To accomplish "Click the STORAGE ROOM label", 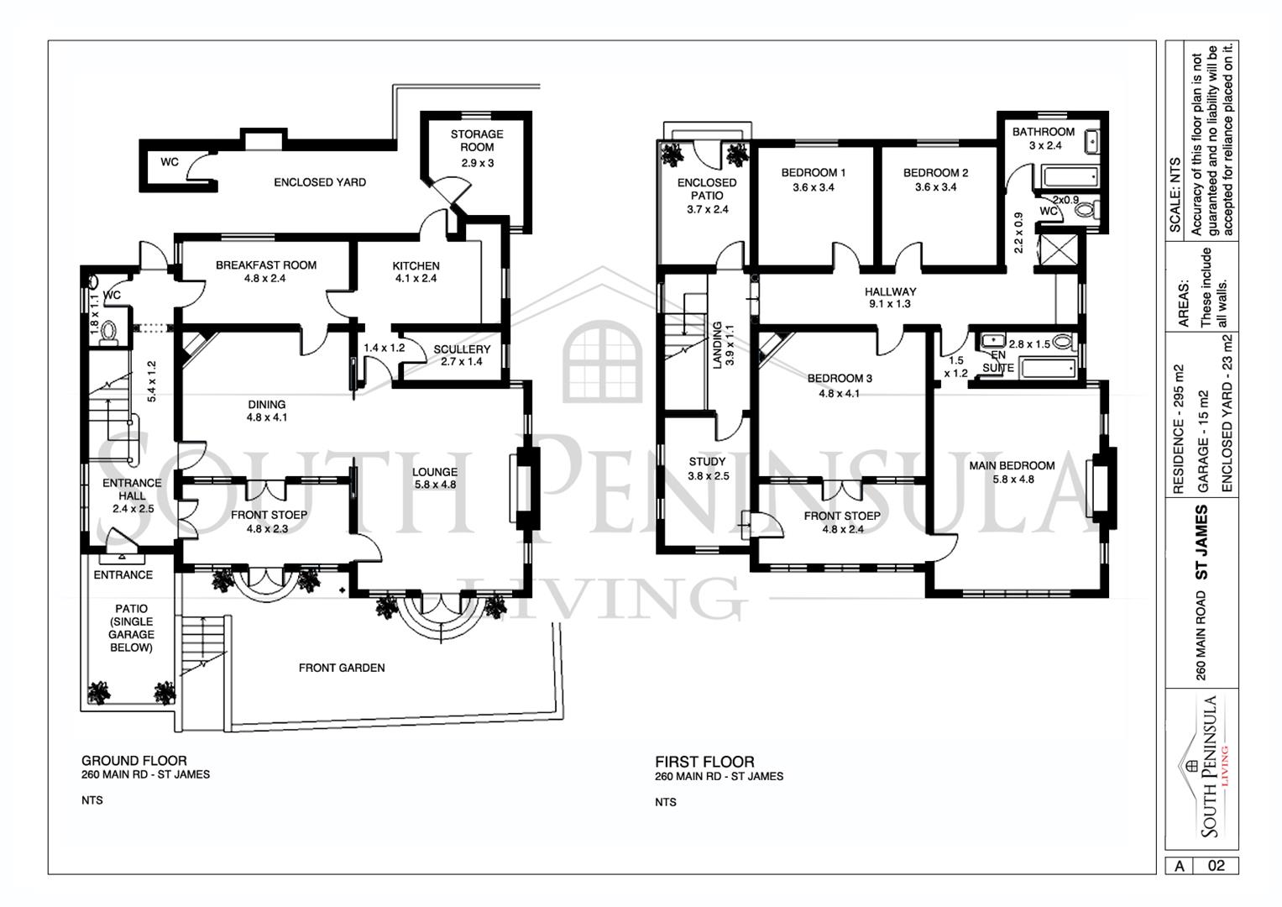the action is point(477,140).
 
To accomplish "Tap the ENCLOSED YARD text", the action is point(320,182).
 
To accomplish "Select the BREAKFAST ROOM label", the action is point(266,265).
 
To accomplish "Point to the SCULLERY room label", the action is point(462,349).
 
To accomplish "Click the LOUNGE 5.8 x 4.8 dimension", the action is point(436,485).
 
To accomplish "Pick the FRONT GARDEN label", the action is point(342,668).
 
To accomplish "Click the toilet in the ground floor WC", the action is point(108,332).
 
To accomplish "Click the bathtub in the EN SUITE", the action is point(1049,368).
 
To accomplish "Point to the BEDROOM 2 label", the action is point(936,172).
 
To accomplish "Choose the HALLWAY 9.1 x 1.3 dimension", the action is point(890,304).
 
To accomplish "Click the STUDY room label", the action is point(708,462).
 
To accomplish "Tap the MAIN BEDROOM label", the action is point(1012,465).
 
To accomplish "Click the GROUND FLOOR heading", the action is point(134,760).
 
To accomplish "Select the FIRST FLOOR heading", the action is point(704,762).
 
